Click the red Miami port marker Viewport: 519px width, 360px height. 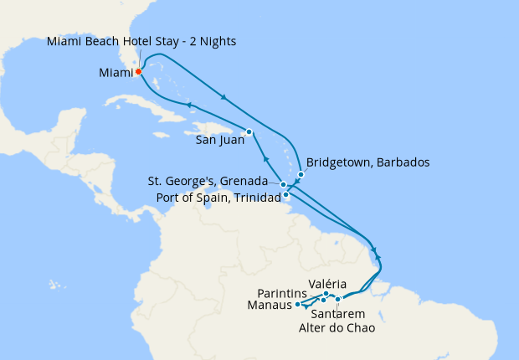pyautogui.click(x=138, y=71)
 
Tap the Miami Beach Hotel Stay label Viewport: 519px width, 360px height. pyautogui.click(x=141, y=41)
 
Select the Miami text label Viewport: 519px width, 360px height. pyautogui.click(x=116, y=73)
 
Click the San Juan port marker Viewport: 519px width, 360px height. pyautogui.click(x=249, y=131)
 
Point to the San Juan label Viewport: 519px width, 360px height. pyautogui.click(x=220, y=140)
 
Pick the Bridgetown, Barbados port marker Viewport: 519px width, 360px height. pyautogui.click(x=301, y=175)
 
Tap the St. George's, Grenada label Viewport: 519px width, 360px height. pyautogui.click(x=207, y=181)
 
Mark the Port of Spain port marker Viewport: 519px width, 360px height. pyautogui.click(x=287, y=195)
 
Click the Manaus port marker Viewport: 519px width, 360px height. pyautogui.click(x=298, y=305)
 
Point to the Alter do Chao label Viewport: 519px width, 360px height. pyautogui.click(x=337, y=327)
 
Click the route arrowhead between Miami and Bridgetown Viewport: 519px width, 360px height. pyautogui.click(x=224, y=98)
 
